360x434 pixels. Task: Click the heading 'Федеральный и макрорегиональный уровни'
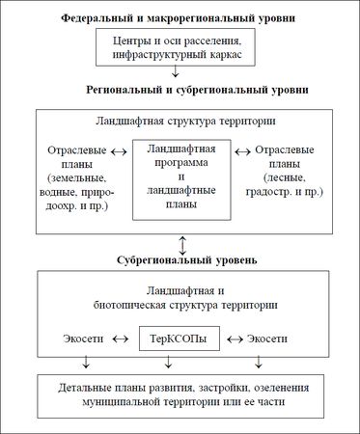pyautogui.click(x=178, y=18)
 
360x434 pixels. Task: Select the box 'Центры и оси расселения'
pyautogui.click(x=177, y=46)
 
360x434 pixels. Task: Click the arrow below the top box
pyautogui.click(x=177, y=71)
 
